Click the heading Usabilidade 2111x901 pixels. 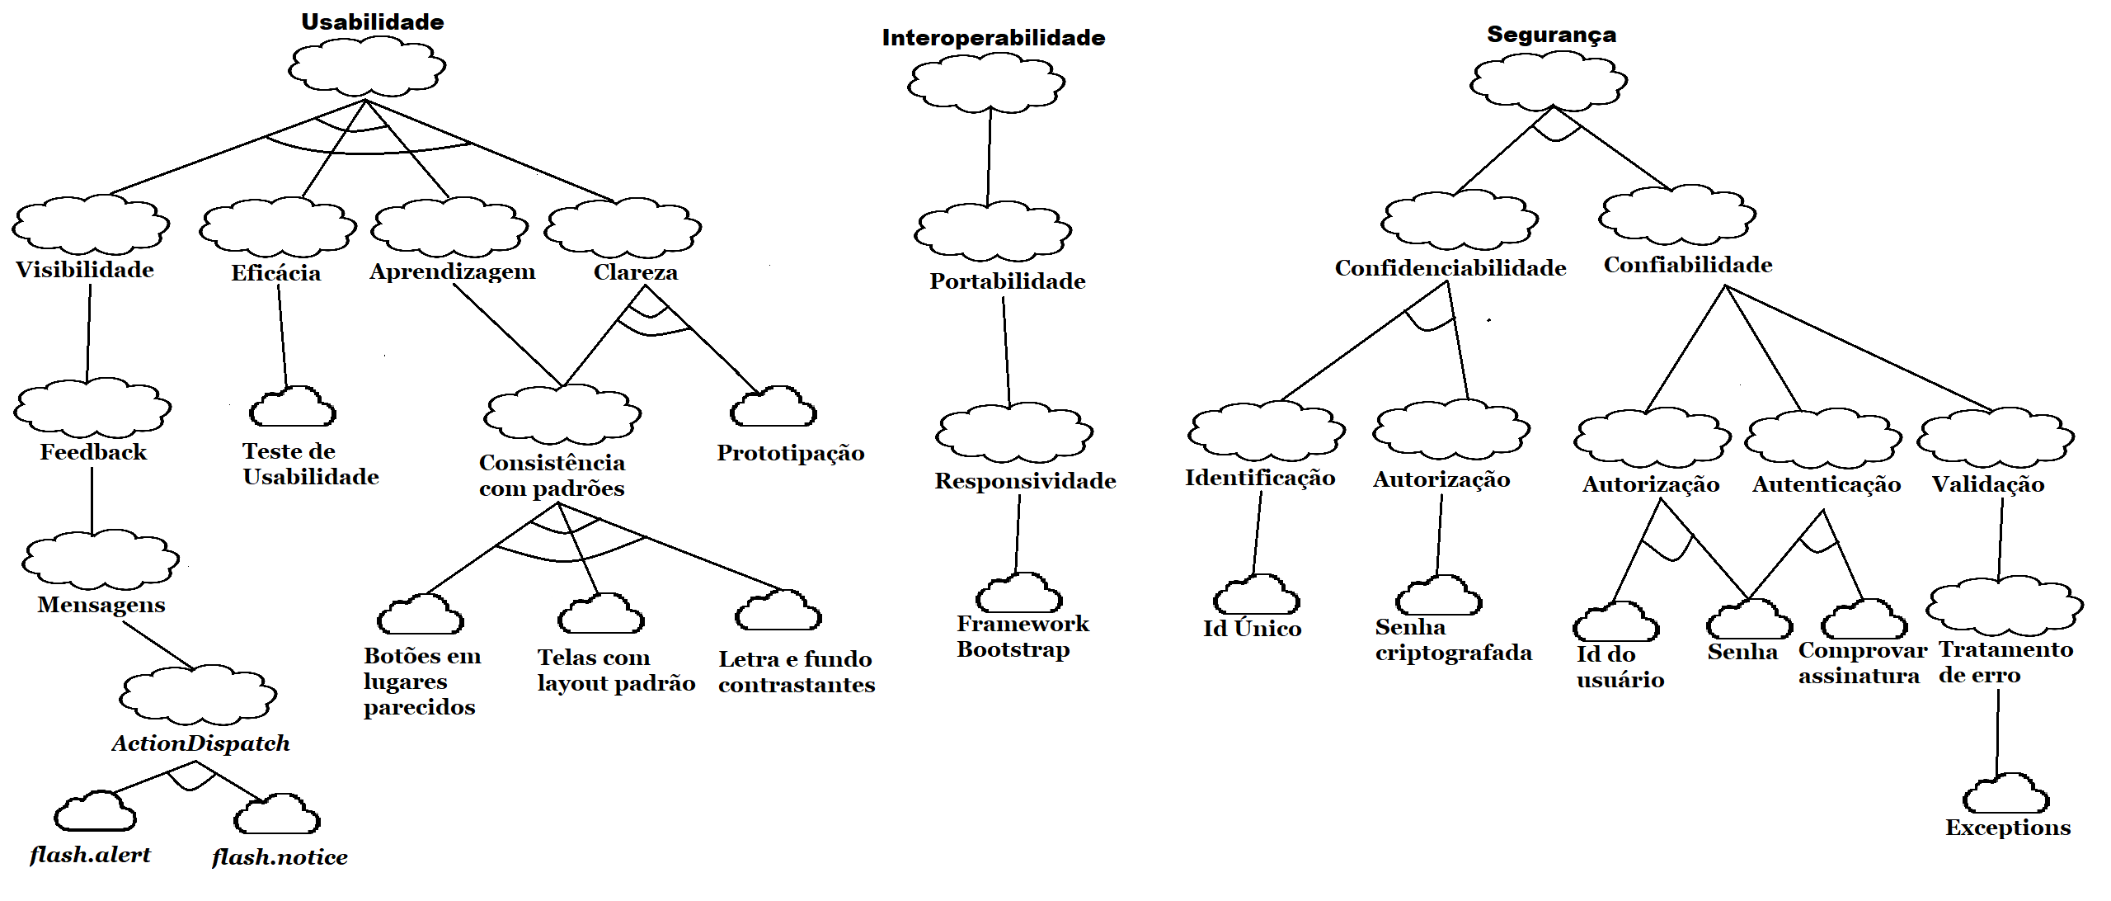click(372, 22)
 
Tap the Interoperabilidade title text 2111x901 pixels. click(993, 38)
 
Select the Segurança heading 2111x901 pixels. click(1551, 35)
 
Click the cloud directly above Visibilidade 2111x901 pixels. click(91, 224)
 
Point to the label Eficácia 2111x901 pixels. click(275, 273)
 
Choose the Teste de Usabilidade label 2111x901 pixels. click(310, 464)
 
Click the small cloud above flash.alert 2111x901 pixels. click(96, 812)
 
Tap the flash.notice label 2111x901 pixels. click(280, 857)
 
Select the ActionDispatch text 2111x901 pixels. click(200, 743)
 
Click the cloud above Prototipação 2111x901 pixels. click(773, 408)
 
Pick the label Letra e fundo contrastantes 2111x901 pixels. click(796, 672)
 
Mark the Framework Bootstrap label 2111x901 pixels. click(1022, 636)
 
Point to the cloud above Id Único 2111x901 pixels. click(1256, 597)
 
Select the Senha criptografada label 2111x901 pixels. click(1453, 639)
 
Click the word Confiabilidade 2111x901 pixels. click(1687, 265)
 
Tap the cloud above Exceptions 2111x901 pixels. click(2005, 795)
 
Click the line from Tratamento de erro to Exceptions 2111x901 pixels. click(1997, 733)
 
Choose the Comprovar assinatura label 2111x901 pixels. click(1862, 663)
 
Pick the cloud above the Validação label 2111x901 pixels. click(1996, 437)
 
